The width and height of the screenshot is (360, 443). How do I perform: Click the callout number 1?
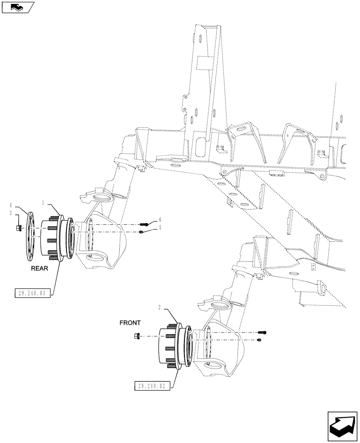(44, 202)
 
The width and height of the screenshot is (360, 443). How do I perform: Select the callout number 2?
(159, 307)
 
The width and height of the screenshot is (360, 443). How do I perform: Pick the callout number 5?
(160, 228)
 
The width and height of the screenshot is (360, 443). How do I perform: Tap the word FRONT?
(130, 323)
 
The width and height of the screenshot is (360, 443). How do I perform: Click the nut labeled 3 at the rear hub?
(19, 228)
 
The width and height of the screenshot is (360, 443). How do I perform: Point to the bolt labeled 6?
(146, 224)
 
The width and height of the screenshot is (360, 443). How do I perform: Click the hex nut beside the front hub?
(137, 337)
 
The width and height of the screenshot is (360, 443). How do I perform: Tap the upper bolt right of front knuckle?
(262, 332)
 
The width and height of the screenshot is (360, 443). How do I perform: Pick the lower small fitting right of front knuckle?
(258, 340)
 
